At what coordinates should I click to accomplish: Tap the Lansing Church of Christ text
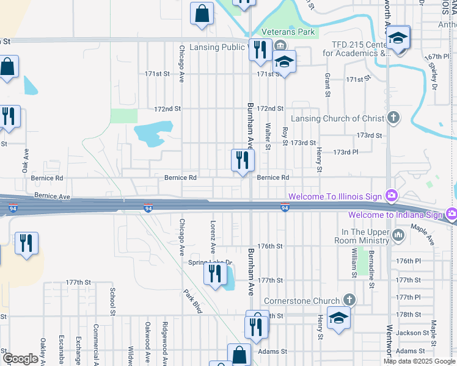tap(337, 118)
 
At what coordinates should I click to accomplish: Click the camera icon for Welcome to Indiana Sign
tap(452, 214)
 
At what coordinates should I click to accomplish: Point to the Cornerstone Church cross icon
tap(349, 300)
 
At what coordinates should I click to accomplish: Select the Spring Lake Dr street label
tap(210, 262)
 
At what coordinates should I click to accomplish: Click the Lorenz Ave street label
tap(213, 237)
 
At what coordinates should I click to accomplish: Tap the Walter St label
tap(268, 136)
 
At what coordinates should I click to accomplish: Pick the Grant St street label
tap(327, 85)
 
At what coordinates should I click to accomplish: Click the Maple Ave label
tap(422, 235)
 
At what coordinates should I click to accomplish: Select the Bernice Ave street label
tap(53, 196)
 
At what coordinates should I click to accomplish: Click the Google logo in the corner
tap(20, 358)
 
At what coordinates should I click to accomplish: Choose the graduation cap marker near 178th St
tap(338, 319)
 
